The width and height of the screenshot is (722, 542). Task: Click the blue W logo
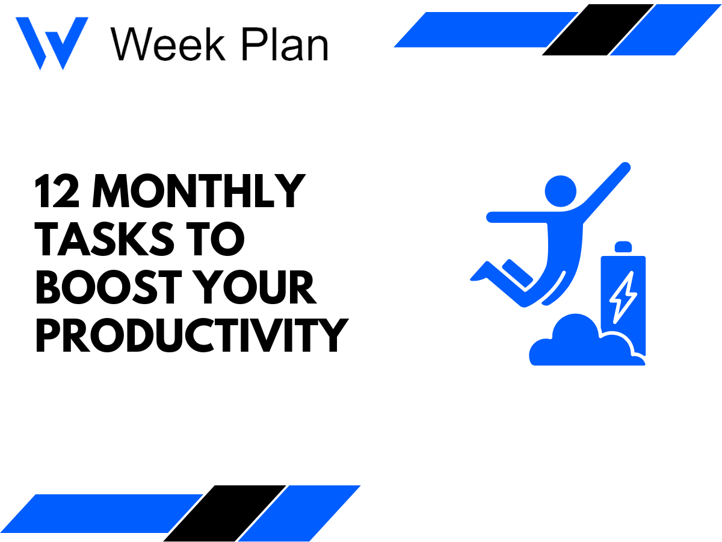[x=51, y=42]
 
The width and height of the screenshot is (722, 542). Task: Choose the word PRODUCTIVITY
[x=191, y=335]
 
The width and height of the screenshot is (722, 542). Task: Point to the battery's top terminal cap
[x=623, y=247]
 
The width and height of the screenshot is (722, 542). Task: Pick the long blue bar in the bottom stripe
[x=108, y=513]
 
